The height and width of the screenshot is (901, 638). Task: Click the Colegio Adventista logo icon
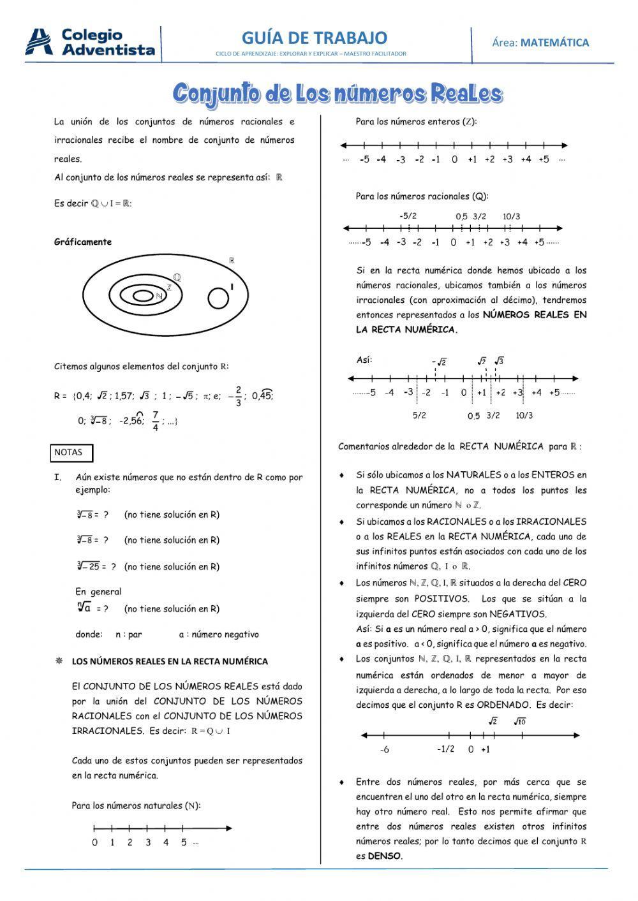click(39, 42)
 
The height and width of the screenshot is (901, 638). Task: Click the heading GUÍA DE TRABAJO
click(314, 38)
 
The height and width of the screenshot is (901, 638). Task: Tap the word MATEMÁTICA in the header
click(554, 43)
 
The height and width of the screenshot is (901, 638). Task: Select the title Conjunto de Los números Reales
click(338, 93)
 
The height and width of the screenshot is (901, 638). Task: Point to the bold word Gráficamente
click(83, 242)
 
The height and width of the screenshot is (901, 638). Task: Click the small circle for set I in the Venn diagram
click(218, 298)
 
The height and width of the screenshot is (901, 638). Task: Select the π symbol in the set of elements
click(206, 397)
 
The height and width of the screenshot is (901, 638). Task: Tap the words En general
click(98, 592)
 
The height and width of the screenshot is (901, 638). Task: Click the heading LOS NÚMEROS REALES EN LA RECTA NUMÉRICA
click(170, 661)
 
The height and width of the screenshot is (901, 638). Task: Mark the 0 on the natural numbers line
click(94, 842)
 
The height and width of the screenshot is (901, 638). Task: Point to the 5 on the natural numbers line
click(184, 842)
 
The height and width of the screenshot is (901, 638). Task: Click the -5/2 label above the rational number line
click(408, 216)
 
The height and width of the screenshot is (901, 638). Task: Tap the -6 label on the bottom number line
click(384, 750)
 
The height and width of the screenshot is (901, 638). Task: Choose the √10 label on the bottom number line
click(519, 722)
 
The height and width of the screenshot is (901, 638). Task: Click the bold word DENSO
click(384, 856)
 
